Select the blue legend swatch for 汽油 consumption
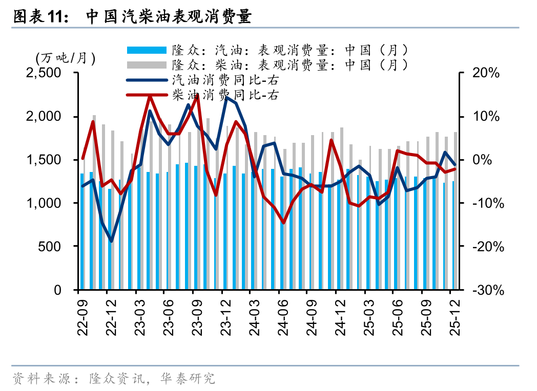point(147,50)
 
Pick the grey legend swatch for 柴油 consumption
point(147,65)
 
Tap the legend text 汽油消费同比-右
point(225,80)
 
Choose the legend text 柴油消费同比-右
point(225,95)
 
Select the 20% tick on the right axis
point(485,73)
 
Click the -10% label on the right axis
point(485,203)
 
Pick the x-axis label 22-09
point(82,314)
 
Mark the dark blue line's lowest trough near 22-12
point(111,241)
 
